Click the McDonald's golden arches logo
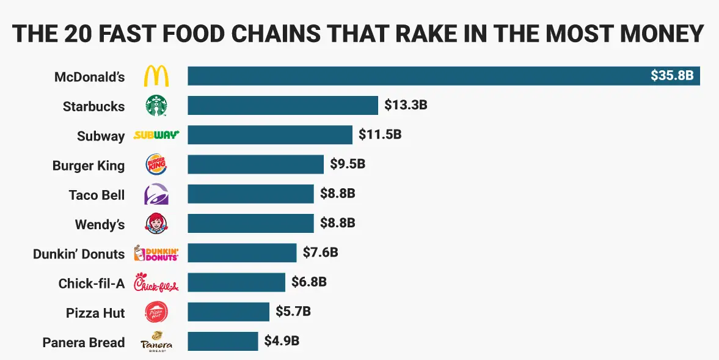156,76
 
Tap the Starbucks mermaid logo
156,106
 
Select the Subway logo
156,135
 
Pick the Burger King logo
156,165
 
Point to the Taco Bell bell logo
156,194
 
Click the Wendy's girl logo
156,224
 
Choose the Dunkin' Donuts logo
156,253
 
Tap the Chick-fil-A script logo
156,283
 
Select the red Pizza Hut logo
156,312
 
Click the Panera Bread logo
156,342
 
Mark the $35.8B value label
672,76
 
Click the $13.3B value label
406,105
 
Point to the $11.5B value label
380,134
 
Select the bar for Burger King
255,164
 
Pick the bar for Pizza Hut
228,312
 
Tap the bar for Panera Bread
222,341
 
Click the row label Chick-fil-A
92,283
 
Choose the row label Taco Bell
97,195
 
